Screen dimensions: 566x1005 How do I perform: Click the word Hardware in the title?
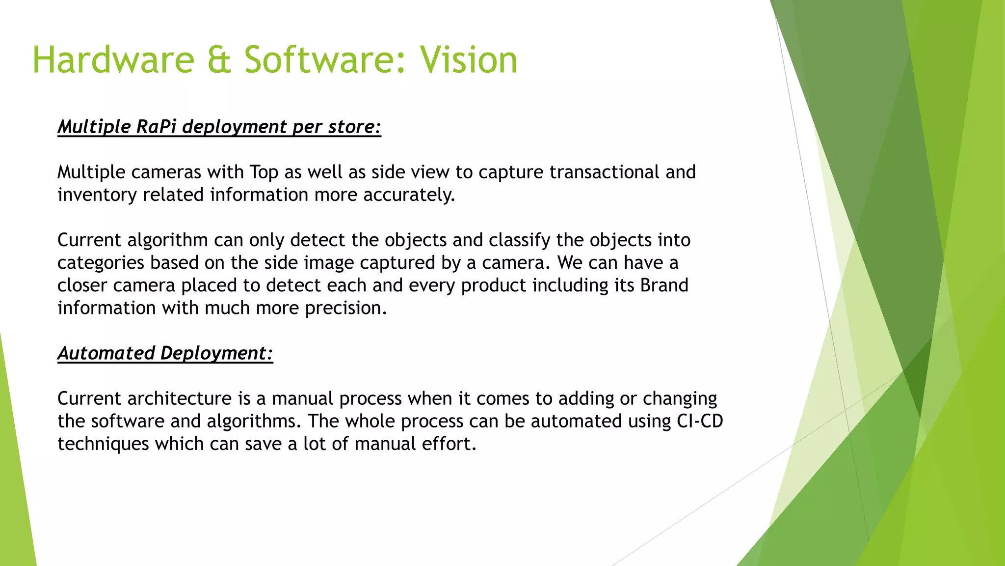[113, 60]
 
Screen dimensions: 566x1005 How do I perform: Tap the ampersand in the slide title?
[219, 60]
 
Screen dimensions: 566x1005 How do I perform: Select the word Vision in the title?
[469, 60]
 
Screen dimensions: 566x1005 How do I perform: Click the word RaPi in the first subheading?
[156, 127]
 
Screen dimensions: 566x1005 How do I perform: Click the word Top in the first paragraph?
[264, 172]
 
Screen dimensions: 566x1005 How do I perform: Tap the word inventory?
[97, 195]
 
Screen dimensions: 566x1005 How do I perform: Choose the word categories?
[101, 263]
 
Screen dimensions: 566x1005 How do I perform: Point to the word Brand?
[664, 285]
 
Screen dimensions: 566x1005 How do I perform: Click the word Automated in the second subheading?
[106, 353]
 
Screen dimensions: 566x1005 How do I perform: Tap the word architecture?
[179, 398]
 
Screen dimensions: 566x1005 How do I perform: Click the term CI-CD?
[700, 421]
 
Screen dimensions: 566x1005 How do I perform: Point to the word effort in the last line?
[450, 444]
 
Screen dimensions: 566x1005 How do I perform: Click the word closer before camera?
[82, 285]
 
